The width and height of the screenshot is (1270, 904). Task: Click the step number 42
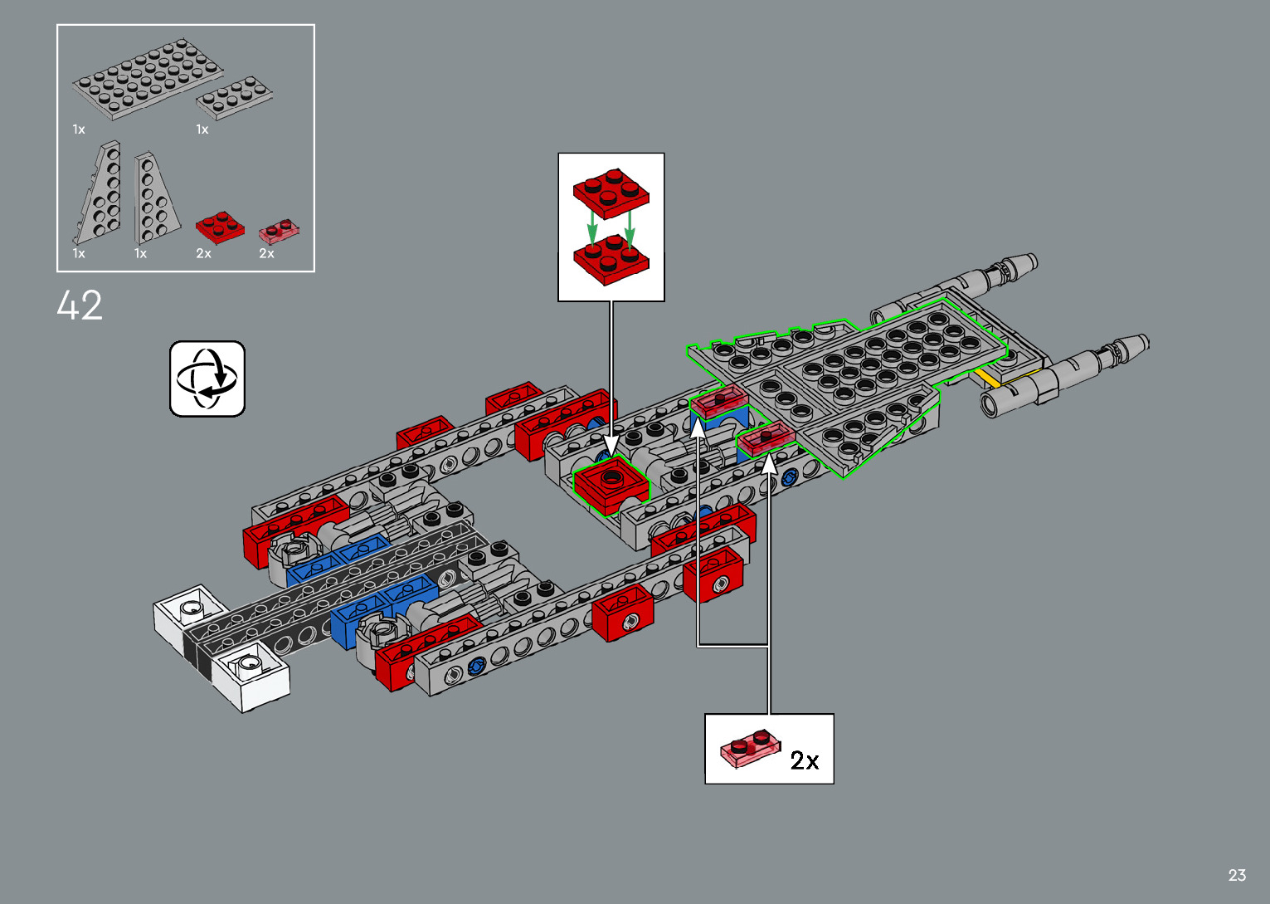coord(80,305)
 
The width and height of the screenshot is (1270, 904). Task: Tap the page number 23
coord(1237,875)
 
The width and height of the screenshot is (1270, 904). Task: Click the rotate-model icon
coord(207,379)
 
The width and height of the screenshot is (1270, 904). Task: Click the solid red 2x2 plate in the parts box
coord(219,226)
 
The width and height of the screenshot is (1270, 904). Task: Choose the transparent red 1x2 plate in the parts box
coord(279,231)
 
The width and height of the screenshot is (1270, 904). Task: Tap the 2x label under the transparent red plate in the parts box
coord(266,253)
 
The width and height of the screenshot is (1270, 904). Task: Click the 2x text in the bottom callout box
coord(804,760)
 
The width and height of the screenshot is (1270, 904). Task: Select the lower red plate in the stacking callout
coord(611,259)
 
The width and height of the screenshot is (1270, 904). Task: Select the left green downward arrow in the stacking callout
coord(591,222)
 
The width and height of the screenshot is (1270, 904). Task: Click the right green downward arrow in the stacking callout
coord(630,226)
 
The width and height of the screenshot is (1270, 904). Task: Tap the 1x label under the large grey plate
coord(79,129)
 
